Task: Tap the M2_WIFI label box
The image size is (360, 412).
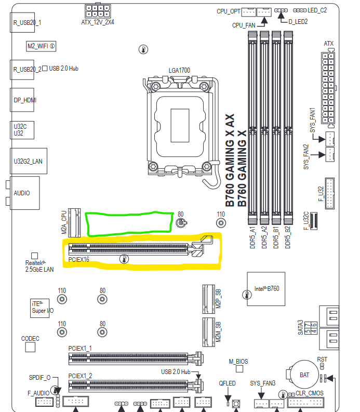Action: (x=42, y=46)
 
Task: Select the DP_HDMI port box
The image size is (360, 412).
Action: (x=24, y=100)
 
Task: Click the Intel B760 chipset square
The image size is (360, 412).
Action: (x=266, y=289)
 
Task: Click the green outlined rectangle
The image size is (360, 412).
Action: (x=129, y=222)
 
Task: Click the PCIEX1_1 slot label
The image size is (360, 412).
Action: (x=80, y=348)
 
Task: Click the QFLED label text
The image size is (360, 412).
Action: (x=227, y=383)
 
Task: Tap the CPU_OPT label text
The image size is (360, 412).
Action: (x=229, y=11)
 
